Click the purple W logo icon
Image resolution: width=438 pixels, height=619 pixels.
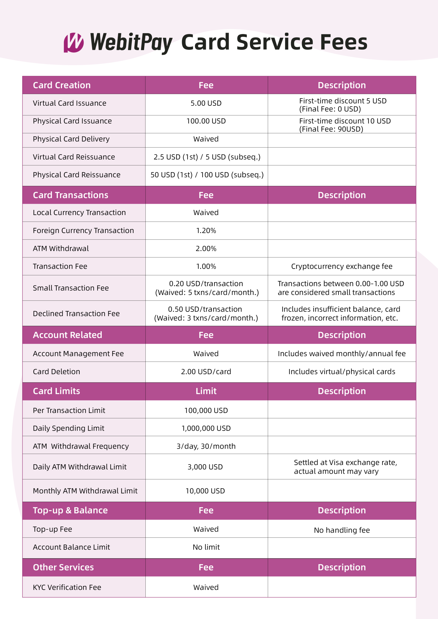coord(73,43)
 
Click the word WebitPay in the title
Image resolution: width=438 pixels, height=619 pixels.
coord(131,43)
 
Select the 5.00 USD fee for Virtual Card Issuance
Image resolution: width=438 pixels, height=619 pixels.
coord(206,103)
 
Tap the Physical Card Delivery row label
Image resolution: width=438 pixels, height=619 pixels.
coord(71,139)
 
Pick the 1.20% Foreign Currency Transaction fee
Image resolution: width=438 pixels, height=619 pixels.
coord(206,231)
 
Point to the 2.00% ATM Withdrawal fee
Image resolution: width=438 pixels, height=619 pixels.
coord(206,249)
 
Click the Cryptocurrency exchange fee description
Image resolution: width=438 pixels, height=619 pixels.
coord(342,266)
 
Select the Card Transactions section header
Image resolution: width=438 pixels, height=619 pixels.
coord(70,195)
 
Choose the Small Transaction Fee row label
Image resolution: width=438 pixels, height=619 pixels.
coord(71,288)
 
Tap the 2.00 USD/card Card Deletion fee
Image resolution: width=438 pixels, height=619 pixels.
coord(206,372)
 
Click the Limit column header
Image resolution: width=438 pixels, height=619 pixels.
coord(206,391)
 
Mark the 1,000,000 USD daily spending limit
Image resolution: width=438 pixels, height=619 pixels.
coord(206,428)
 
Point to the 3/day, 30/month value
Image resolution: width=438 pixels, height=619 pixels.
coord(206,446)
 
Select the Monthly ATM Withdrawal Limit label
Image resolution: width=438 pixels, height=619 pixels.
coord(85,491)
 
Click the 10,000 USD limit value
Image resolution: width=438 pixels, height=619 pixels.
coord(205,491)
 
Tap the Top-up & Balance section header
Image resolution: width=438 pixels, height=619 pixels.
coord(70,510)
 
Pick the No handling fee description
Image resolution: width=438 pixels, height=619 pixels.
coord(342,530)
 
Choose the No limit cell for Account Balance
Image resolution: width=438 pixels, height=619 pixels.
coord(206,547)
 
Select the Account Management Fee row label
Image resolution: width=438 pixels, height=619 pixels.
coord(78,354)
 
